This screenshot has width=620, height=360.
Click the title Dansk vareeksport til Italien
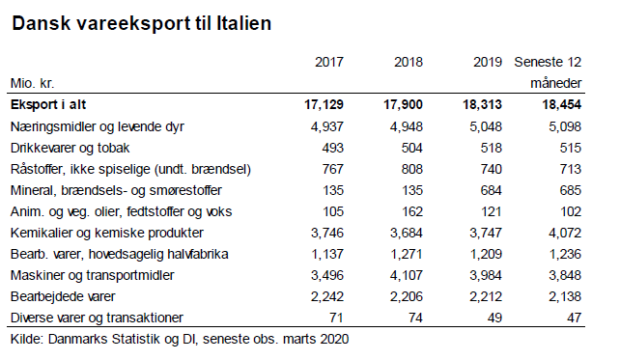coord(141,22)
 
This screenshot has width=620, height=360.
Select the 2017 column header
coord(329,63)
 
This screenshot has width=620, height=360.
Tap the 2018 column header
coord(409,63)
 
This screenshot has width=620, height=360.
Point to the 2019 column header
coord(488,63)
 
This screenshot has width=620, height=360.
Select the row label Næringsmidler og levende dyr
coord(97,126)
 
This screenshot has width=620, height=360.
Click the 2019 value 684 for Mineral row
coord(491,190)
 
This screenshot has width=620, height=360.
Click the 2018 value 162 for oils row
coord(411,211)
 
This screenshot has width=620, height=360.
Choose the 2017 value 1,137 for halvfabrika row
coord(324,254)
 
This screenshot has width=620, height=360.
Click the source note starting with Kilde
coord(179,339)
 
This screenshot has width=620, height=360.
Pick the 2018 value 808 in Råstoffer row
coord(411,169)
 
